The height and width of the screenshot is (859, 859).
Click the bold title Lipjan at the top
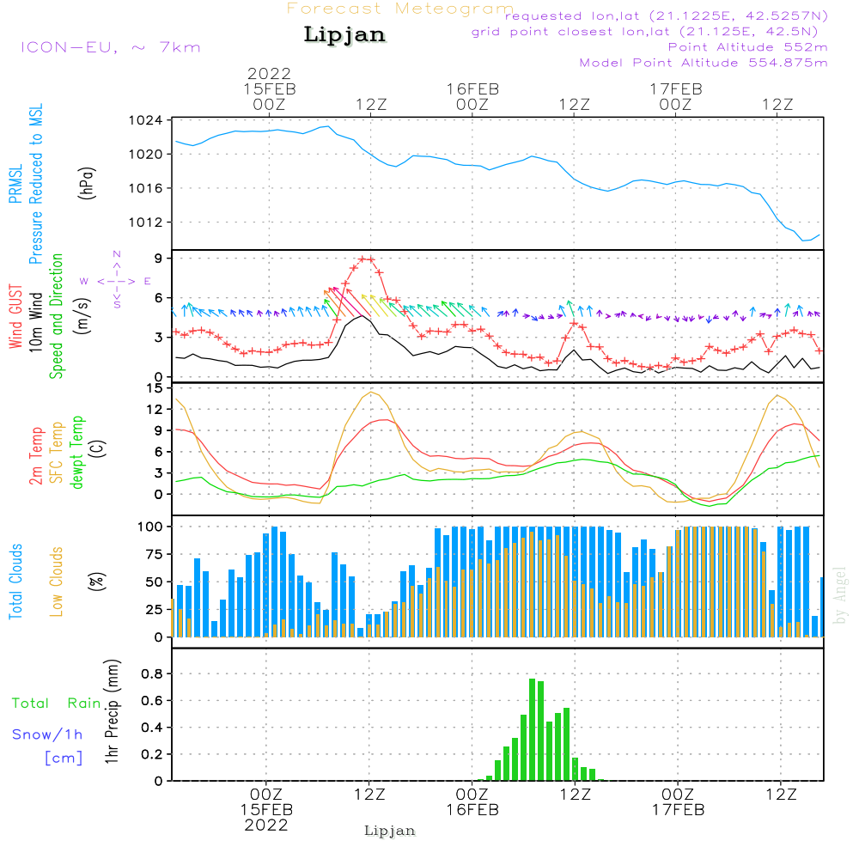344,35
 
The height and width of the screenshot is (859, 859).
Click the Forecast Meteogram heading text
400,9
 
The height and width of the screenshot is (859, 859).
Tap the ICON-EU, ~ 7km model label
111,47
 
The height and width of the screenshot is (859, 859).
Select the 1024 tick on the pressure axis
146,120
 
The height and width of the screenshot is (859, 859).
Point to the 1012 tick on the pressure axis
146,222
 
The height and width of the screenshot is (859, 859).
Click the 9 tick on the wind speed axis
159,258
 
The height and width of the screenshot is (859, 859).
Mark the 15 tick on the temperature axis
155,388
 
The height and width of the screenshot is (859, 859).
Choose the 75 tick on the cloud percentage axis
155,554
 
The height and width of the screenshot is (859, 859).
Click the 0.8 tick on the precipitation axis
152,673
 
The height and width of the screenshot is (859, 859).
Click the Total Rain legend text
57,704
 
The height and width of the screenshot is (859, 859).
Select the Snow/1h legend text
47,734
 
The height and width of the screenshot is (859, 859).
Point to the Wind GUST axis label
15,317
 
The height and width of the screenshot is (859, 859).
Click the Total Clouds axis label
15,582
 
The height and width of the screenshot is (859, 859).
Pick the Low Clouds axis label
57,582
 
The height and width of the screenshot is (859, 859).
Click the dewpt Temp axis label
76,452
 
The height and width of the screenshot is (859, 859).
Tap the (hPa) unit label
87,183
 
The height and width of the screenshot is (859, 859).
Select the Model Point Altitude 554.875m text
704,63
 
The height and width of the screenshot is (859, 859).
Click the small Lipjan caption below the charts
389,831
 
